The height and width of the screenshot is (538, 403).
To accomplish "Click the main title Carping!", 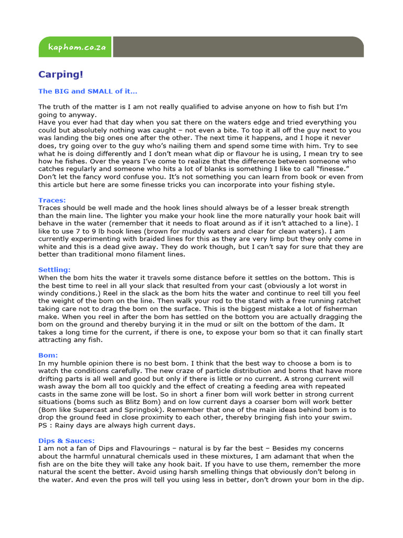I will click(x=60, y=75).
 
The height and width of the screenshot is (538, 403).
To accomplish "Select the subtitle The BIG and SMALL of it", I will click(x=88, y=91).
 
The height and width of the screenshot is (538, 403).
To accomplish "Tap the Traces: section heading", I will click(x=52, y=200).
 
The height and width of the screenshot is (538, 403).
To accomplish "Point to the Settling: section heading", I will click(x=55, y=270).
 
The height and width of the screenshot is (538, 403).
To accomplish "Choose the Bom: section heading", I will click(x=48, y=355).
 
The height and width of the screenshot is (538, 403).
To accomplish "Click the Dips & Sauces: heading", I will click(x=67, y=441).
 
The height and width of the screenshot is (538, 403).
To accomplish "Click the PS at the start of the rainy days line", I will click(x=43, y=425).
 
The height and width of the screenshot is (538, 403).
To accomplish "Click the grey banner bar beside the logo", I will click(x=238, y=47).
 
